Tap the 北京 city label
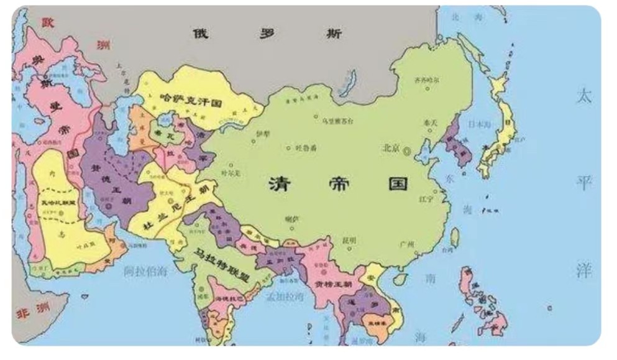coord(391,149)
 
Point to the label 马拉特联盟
coord(222,265)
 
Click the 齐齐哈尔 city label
coord(427,80)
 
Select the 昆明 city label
coord(349,240)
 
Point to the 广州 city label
coord(408,243)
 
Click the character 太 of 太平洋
coord(583,96)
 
